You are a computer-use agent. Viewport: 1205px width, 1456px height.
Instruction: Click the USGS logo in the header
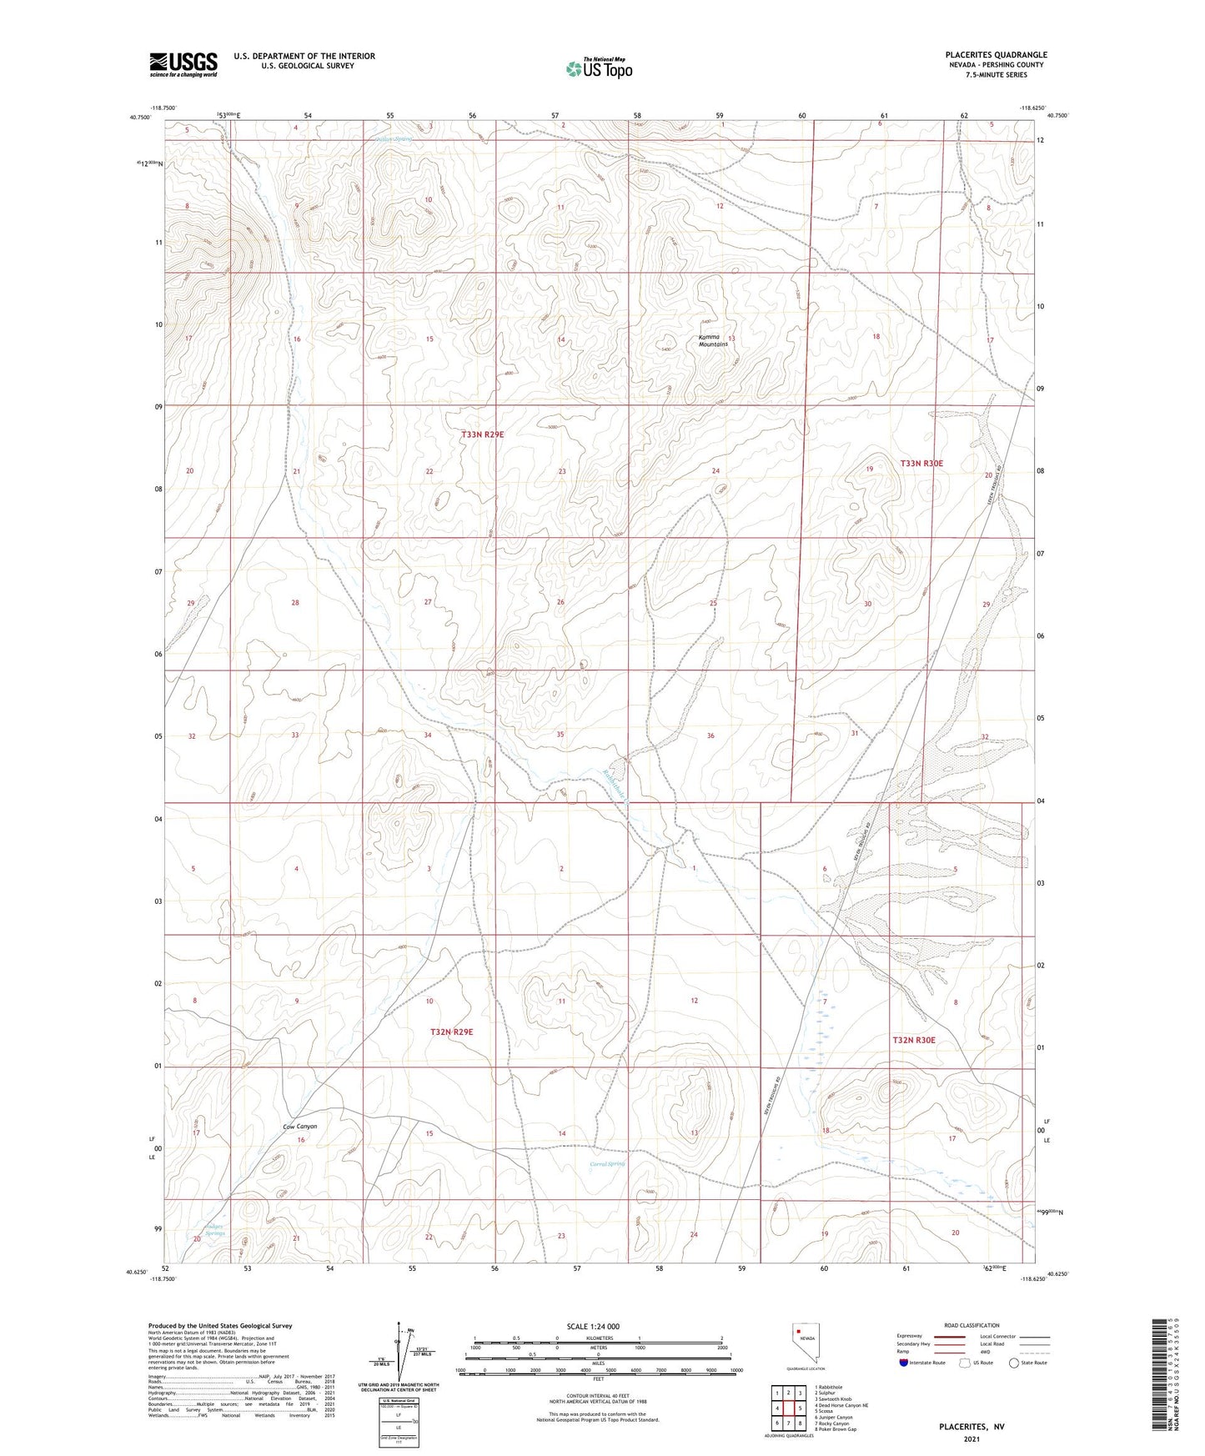(183, 64)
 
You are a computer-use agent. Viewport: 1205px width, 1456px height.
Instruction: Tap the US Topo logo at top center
(599, 69)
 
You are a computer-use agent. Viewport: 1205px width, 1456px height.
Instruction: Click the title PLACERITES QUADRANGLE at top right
(996, 55)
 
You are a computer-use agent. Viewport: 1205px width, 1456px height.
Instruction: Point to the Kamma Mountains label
(713, 340)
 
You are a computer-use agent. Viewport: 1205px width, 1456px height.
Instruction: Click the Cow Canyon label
(299, 1127)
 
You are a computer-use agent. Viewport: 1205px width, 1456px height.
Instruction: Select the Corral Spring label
(607, 1164)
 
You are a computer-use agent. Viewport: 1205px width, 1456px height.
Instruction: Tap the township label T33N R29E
(484, 434)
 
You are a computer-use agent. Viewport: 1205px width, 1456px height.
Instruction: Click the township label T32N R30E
(914, 1040)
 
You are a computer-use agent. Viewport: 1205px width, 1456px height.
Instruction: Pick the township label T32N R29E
(451, 1032)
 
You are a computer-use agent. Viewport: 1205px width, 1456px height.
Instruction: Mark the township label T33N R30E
(921, 463)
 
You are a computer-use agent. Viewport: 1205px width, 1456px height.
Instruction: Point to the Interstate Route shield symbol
(904, 1363)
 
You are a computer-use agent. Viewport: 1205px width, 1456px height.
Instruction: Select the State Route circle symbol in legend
(1013, 1363)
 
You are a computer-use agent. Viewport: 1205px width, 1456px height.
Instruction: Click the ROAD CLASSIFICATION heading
(972, 1325)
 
